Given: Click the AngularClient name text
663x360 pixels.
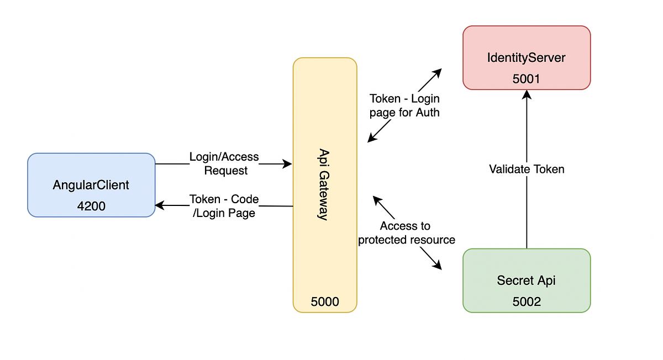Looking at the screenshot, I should [91, 185].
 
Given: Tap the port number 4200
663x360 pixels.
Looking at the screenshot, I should [91, 206].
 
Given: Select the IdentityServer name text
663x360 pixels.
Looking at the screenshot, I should [527, 57].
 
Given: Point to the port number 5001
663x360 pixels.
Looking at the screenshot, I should [527, 78].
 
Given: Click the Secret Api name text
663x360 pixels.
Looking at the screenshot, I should [527, 280].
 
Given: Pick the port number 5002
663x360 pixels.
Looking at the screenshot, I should [527, 301].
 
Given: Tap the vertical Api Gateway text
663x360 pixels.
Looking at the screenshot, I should [324, 184].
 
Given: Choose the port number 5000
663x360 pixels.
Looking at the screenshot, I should [325, 301].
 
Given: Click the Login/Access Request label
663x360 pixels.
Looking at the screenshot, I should [224, 164].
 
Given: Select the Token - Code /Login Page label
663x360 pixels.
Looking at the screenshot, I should [224, 206].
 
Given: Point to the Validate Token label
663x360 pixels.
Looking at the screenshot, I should [527, 169].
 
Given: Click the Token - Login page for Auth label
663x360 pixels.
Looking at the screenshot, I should [404, 105].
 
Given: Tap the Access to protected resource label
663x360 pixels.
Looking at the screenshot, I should [407, 232].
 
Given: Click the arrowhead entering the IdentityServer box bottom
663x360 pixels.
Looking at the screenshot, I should [527, 94].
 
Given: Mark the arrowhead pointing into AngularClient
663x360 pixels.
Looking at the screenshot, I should [160, 205].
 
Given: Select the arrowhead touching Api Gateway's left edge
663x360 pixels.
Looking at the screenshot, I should [287, 164].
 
